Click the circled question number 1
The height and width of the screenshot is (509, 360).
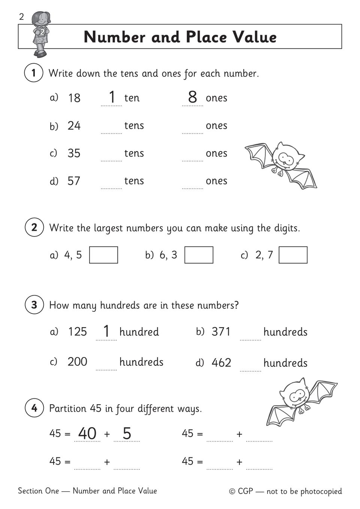tap(34, 73)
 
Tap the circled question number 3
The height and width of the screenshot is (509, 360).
tap(34, 305)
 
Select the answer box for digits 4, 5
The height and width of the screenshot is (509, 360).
tap(103, 255)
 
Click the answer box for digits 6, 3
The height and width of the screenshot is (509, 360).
tap(199, 255)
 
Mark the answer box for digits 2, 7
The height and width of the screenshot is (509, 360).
tap(293, 255)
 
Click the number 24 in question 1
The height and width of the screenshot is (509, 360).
tap(74, 126)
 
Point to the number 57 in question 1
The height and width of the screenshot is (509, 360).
tap(74, 181)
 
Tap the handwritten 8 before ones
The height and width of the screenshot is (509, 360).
tap(192, 97)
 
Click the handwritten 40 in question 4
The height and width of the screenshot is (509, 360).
tap(87, 433)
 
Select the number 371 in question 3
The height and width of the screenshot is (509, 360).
tap(221, 332)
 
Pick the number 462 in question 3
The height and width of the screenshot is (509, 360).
tap(221, 363)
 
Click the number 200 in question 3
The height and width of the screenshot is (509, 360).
tap(77, 362)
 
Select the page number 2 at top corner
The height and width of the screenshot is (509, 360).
tap(21, 17)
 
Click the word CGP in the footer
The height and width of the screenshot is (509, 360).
tap(245, 491)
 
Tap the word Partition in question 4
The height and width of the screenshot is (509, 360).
tap(68, 408)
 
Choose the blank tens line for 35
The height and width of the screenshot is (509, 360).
tap(111, 157)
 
